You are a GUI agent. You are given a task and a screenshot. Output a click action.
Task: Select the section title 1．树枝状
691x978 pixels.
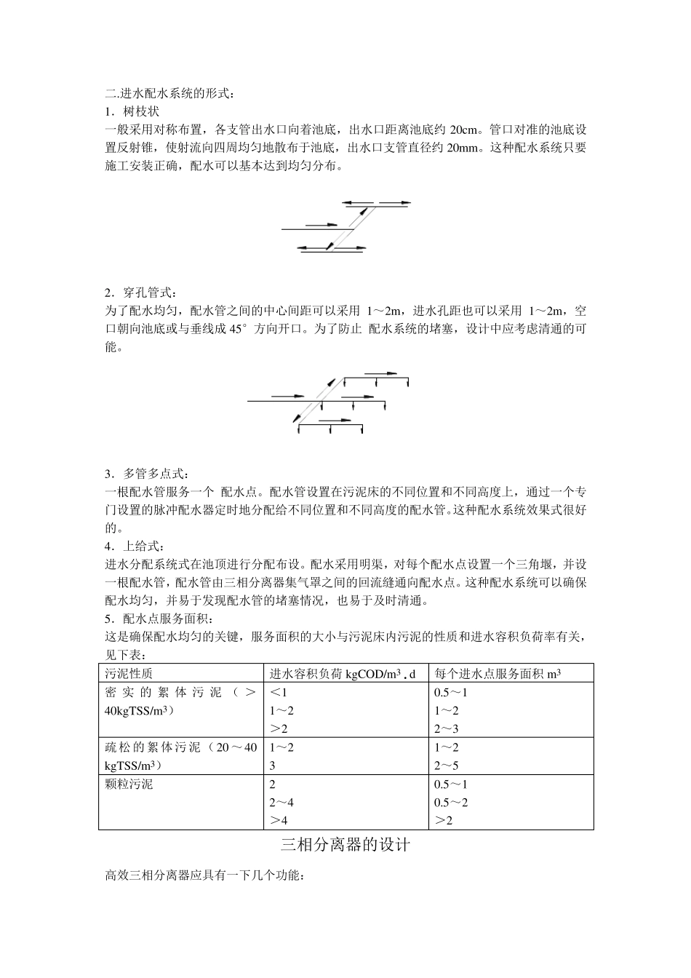[132, 111]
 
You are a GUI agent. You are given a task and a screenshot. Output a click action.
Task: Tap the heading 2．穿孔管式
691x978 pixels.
[141, 293]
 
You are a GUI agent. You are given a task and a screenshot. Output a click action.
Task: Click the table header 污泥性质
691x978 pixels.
[129, 674]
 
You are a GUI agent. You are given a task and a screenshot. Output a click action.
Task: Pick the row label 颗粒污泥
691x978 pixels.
[129, 784]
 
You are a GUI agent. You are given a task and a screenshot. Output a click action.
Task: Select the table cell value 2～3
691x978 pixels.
[447, 728]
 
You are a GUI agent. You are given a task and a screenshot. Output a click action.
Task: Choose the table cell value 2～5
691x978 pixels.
[447, 766]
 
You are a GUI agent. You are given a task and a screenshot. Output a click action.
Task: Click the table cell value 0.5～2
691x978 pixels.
[451, 802]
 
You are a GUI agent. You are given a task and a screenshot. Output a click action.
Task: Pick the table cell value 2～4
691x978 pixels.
[281, 802]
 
